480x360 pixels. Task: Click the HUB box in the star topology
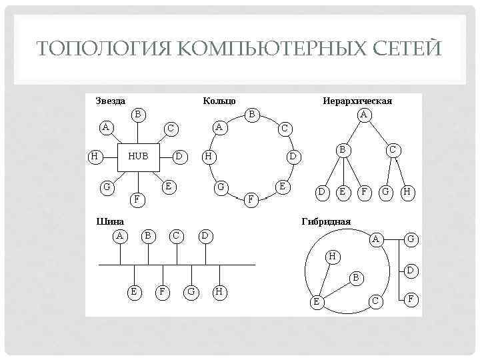pos(139,157)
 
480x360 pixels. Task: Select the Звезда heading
pos(111,101)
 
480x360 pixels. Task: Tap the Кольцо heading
pos(219,101)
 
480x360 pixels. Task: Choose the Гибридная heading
pos(326,221)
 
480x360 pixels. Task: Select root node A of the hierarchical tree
pos(363,115)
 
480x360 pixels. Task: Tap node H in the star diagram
pos(96,157)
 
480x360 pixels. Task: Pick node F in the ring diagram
pos(251,199)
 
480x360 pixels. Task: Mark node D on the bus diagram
pos(206,235)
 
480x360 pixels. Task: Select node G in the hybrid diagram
pos(411,238)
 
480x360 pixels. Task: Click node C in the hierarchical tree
pos(393,151)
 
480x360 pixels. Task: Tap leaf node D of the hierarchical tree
pos(321,192)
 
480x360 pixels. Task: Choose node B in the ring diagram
pos(251,114)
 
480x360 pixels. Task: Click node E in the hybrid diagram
pos(317,302)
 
